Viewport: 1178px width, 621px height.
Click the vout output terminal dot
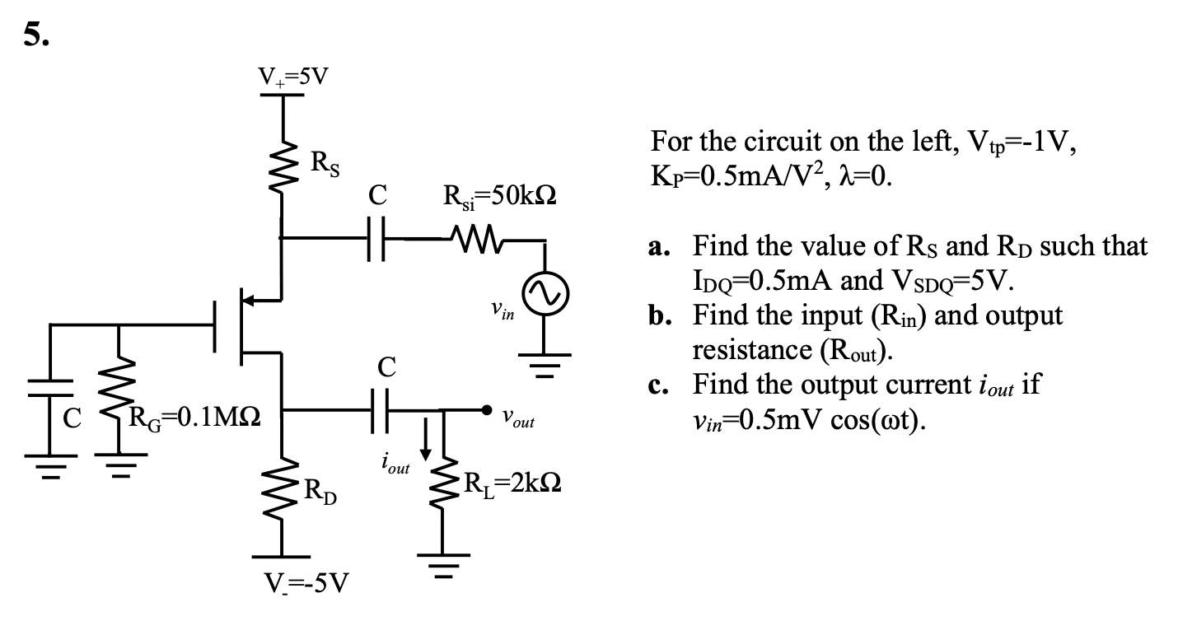coord(488,409)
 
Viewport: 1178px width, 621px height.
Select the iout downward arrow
coord(426,445)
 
